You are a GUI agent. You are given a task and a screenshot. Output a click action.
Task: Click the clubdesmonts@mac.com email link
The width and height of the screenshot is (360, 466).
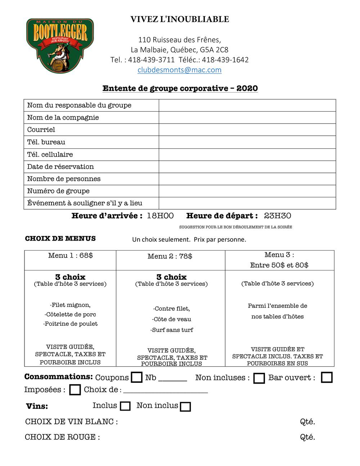[179, 70]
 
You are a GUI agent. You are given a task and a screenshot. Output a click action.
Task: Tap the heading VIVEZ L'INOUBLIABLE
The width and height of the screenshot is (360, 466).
[180, 19]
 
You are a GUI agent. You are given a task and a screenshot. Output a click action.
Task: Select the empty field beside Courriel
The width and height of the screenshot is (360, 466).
[247, 130]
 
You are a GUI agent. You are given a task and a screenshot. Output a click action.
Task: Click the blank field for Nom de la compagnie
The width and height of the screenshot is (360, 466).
[247, 117]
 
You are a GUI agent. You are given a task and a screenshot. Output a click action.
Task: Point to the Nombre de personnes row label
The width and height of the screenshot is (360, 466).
[64, 179]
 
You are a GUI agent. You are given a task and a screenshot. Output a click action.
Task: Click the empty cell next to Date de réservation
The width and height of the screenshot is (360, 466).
[247, 167]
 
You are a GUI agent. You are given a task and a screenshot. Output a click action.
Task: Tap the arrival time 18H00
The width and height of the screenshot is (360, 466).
[160, 216]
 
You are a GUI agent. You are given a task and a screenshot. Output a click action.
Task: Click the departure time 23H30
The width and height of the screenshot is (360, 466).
[278, 216]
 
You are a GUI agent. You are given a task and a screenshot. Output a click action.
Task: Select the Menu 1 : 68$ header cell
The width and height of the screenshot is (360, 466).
[71, 256]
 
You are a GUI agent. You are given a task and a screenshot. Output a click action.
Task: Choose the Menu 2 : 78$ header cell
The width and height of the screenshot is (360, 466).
[170, 256]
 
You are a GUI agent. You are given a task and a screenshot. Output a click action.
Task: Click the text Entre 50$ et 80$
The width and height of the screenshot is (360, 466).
[279, 265]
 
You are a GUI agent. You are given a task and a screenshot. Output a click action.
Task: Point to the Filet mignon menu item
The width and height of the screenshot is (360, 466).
[70, 305]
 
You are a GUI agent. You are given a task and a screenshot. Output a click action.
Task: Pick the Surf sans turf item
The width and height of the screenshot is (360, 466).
[172, 330]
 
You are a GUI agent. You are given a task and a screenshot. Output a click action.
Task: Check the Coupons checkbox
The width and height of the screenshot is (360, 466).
[137, 377]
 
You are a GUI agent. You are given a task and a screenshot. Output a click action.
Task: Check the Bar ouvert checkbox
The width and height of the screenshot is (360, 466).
[327, 377]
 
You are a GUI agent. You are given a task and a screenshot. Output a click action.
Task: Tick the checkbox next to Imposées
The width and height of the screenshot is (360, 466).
[75, 390]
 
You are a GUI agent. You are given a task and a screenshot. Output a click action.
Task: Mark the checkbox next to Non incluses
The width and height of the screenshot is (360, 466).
[259, 378]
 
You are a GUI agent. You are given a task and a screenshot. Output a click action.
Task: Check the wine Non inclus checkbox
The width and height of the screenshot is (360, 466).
[185, 407]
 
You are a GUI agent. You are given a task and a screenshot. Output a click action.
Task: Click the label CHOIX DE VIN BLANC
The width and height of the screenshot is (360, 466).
[71, 422]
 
